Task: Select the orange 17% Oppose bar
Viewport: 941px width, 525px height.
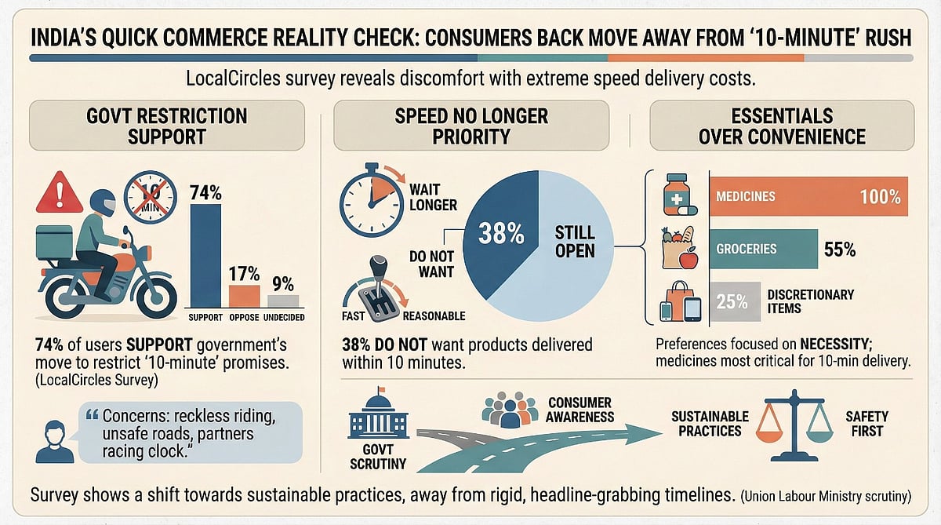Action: [244, 295]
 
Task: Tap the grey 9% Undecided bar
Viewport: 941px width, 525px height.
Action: [283, 300]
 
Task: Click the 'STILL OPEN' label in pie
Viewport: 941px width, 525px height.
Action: [574, 242]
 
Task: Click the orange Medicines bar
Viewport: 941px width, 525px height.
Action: [808, 195]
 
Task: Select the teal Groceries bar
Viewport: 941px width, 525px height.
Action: [764, 249]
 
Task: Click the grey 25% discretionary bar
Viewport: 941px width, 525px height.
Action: [735, 301]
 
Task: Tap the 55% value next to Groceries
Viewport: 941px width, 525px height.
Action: [840, 250]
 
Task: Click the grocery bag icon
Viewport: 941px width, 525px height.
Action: [679, 247]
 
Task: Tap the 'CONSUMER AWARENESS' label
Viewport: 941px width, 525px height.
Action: [579, 409]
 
